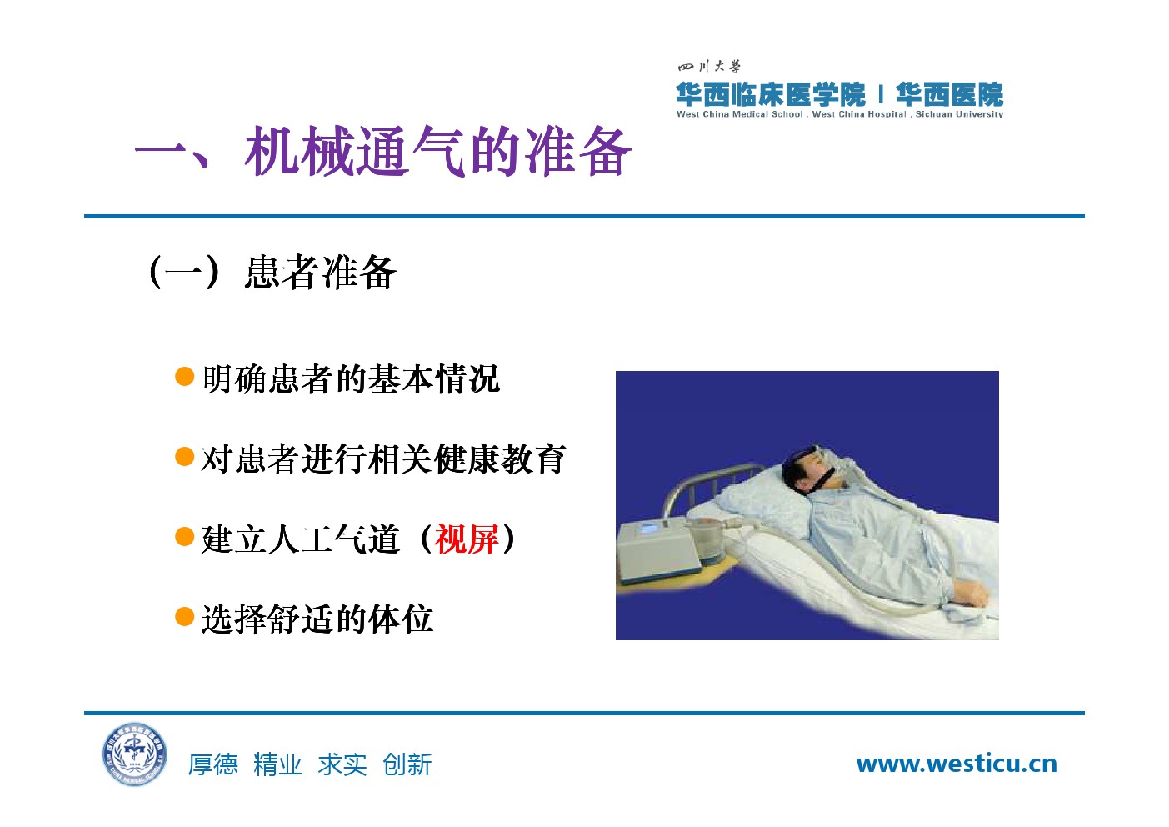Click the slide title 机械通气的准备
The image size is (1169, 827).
coord(437,152)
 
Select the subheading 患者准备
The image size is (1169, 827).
coord(320,272)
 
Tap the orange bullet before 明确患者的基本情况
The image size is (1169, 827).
coord(185,377)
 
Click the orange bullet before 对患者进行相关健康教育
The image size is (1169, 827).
coord(185,456)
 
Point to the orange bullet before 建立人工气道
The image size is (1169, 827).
coord(185,536)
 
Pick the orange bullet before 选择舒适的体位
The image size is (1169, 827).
coord(185,616)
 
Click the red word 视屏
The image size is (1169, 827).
coord(467,539)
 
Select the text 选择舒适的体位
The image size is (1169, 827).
coord(317,619)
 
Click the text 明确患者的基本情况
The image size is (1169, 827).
coord(351,379)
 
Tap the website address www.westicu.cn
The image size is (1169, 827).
coord(957,764)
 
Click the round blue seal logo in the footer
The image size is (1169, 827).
coord(135,754)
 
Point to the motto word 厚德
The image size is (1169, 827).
coord(213,764)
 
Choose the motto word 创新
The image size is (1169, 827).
coord(407,764)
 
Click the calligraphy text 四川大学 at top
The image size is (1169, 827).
coord(709,67)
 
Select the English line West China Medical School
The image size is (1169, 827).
coord(739,114)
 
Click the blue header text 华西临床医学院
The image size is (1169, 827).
coord(770,94)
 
